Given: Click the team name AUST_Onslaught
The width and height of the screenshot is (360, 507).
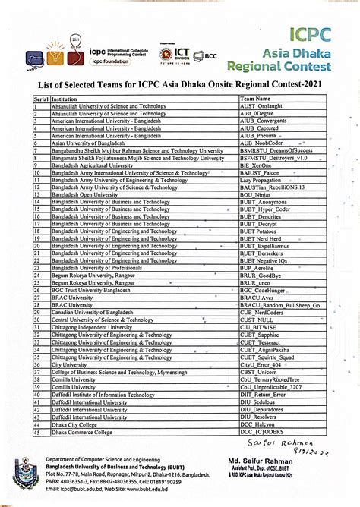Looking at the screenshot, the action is (260, 105).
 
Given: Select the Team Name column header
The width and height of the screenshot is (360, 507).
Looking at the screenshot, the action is (255, 98).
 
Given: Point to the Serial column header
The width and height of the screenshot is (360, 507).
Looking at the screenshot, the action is (40, 98).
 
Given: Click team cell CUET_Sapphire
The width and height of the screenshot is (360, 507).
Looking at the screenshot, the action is (259, 335).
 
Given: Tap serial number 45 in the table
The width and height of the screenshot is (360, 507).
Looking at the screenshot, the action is (37, 432).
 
